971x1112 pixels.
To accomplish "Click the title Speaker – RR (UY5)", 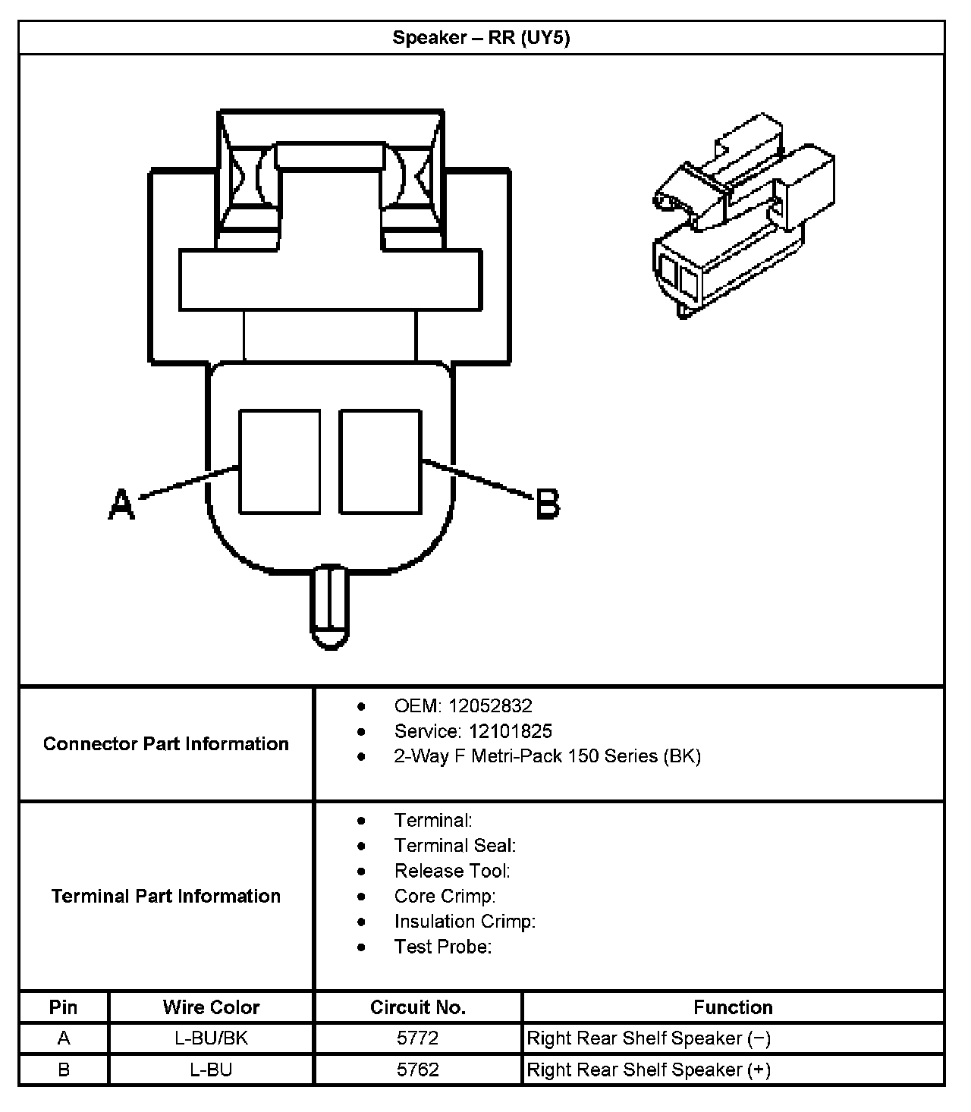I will point(481,38).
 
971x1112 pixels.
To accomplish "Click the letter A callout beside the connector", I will point(121,504).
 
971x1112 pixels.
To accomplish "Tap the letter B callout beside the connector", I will point(548,504).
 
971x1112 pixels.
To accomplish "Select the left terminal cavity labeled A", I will point(279,462).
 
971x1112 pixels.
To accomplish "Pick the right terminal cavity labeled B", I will point(380,462).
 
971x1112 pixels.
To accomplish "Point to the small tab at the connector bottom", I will point(329,607).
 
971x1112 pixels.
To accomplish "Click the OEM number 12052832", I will point(490,706).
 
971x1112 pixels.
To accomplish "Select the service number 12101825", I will point(510,731).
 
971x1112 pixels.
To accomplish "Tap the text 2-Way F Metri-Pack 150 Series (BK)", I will point(547,756).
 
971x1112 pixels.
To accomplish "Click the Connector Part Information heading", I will point(166,743).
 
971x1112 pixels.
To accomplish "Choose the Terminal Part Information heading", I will point(166,896).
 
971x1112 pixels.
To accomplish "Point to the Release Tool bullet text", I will point(452,871).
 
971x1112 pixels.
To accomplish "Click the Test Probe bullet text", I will point(443,947).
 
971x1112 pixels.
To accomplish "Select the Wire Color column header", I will point(211,1007).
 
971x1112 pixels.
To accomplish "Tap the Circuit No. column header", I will point(418,1007).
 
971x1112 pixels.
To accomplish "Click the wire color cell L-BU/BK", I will point(211,1038).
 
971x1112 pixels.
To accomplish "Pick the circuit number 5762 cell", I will point(418,1070).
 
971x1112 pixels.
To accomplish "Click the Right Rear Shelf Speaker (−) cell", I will point(649,1038).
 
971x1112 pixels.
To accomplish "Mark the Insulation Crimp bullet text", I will point(464,922).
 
